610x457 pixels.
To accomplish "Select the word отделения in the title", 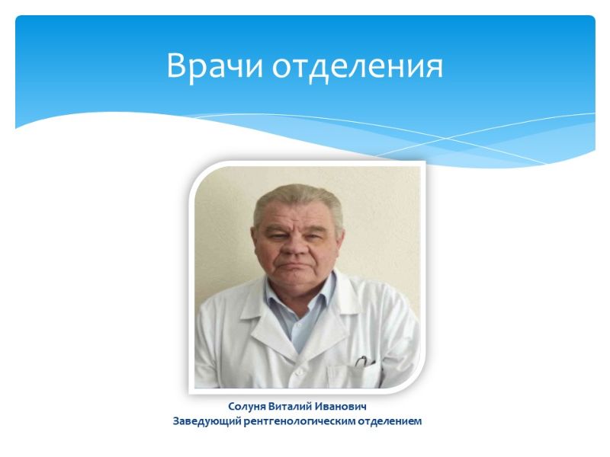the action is pos(358,67).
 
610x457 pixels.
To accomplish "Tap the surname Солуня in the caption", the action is pos(246,407).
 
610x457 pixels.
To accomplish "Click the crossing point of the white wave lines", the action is pos(447,138).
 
